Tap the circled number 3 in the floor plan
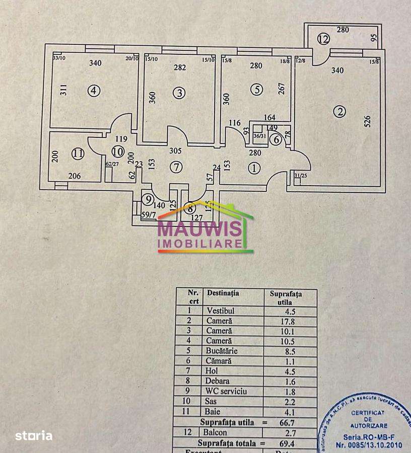pyautogui.click(x=179, y=93)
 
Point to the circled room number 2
pyautogui.click(x=341, y=112)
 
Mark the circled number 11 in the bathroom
pyautogui.click(x=77, y=154)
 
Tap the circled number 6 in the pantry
pyautogui.click(x=275, y=140)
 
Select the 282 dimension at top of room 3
pyautogui.click(x=180, y=68)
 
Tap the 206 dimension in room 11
pyautogui.click(x=75, y=175)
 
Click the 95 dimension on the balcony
pyautogui.click(x=374, y=38)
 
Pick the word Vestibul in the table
pyautogui.click(x=220, y=311)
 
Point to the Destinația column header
pyautogui.click(x=222, y=292)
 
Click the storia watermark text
pyautogui.click(x=33, y=435)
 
